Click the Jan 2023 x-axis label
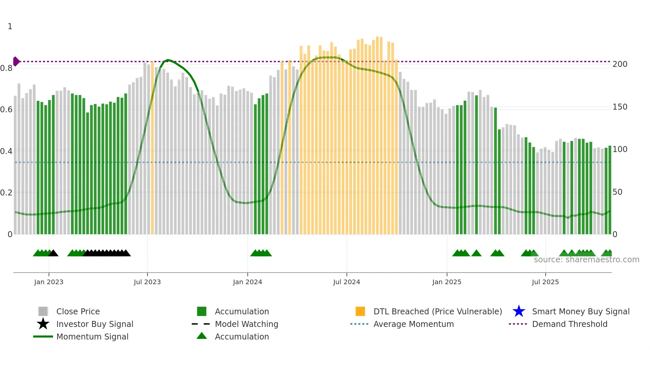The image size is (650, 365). point(49,282)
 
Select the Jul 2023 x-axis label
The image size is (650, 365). point(147,282)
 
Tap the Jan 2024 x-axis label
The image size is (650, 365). point(247,282)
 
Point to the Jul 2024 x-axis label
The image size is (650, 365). point(347,282)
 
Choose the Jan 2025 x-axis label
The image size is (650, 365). point(447,282)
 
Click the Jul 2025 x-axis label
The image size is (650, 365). point(545,282)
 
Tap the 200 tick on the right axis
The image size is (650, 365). point(620,64)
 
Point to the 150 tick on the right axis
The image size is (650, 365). point(620,107)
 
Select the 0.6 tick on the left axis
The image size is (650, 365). point(6,110)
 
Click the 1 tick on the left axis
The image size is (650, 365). point(10,26)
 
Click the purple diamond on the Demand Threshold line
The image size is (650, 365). point(16,62)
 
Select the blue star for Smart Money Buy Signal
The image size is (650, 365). point(519,311)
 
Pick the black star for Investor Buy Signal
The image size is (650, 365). point(43,324)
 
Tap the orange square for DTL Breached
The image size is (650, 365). point(360,311)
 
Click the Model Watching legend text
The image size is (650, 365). point(246,324)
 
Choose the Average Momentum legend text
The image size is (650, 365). point(414,324)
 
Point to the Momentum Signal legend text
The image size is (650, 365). point(92,337)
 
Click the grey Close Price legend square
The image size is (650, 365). point(43,311)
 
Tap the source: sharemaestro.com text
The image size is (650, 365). point(586,260)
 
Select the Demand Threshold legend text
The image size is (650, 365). point(569,324)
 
